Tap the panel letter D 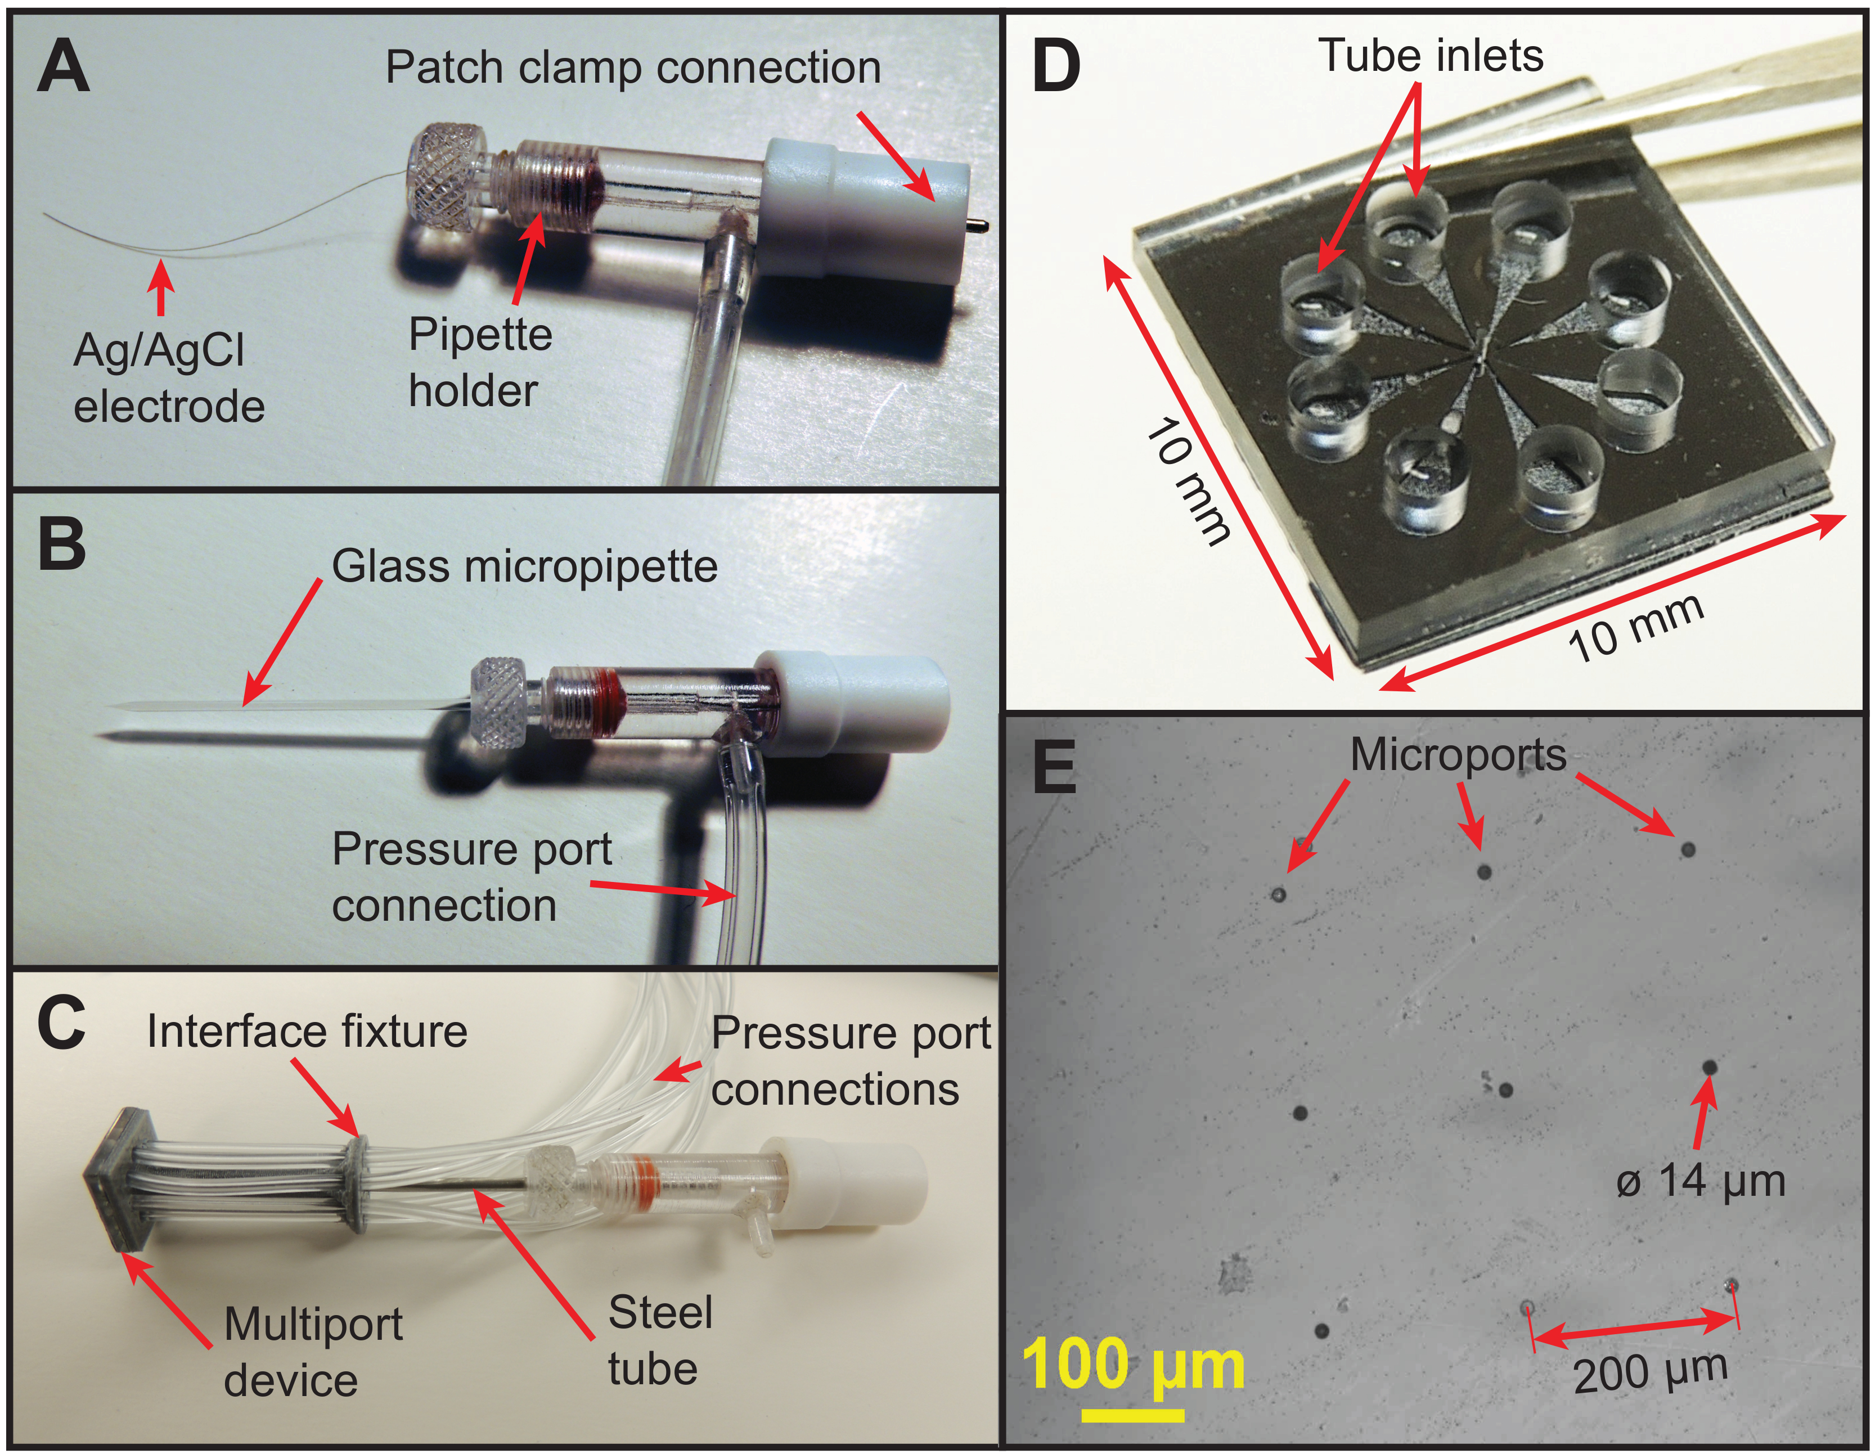click(1055, 66)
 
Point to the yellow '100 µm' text click(1133, 1365)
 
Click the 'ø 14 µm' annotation click(1701, 1181)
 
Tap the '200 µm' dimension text click(1650, 1372)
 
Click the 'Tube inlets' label click(1431, 56)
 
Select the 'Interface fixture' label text click(307, 1032)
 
